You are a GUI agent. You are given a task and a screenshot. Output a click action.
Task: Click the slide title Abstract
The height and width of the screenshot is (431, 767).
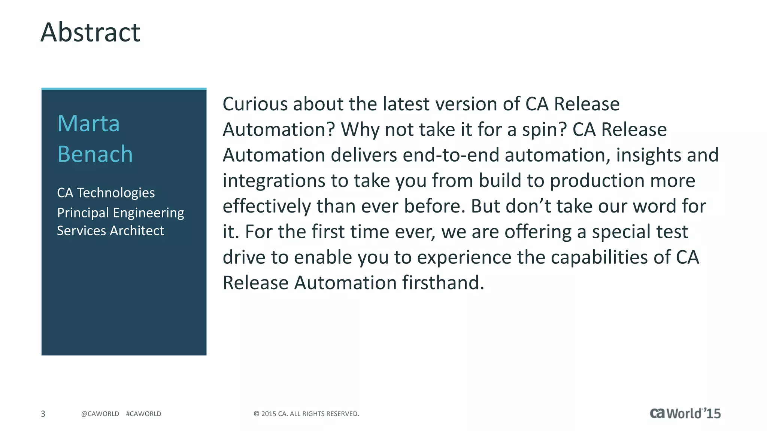(x=90, y=32)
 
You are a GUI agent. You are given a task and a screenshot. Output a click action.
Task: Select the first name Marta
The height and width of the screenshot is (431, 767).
(x=88, y=123)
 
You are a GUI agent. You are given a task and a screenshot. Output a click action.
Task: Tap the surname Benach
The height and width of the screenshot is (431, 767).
(x=95, y=154)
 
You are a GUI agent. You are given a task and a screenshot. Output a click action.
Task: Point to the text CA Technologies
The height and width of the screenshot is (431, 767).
(x=106, y=193)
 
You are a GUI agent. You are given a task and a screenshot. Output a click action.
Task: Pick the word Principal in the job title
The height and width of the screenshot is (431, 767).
(x=83, y=213)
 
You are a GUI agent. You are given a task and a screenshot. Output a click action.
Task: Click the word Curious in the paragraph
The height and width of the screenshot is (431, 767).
(x=255, y=104)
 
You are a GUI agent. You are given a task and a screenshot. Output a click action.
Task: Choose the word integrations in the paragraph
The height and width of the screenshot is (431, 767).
(x=274, y=181)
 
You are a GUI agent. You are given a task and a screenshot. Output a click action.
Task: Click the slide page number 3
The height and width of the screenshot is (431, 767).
(x=43, y=414)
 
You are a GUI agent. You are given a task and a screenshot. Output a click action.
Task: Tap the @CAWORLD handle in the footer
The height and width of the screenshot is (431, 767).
(x=100, y=414)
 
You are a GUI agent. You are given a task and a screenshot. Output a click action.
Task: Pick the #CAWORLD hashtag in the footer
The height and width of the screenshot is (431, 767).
(x=143, y=414)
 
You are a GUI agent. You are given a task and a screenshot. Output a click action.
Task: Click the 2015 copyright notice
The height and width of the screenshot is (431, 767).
(x=306, y=414)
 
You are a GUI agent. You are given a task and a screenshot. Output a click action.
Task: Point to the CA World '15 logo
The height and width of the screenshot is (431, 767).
(x=685, y=413)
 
